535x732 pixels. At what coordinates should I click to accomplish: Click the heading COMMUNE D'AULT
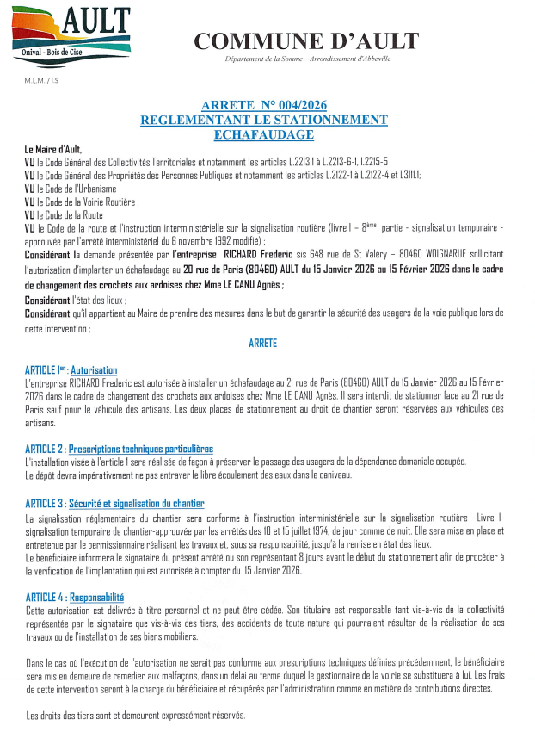(x=306, y=40)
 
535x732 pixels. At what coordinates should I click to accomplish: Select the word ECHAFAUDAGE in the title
(x=264, y=135)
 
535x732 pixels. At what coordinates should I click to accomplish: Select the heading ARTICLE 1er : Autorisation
(x=71, y=369)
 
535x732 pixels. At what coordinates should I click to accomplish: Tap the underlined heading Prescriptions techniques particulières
(x=140, y=450)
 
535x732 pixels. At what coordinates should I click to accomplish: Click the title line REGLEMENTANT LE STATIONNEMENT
(x=263, y=121)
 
